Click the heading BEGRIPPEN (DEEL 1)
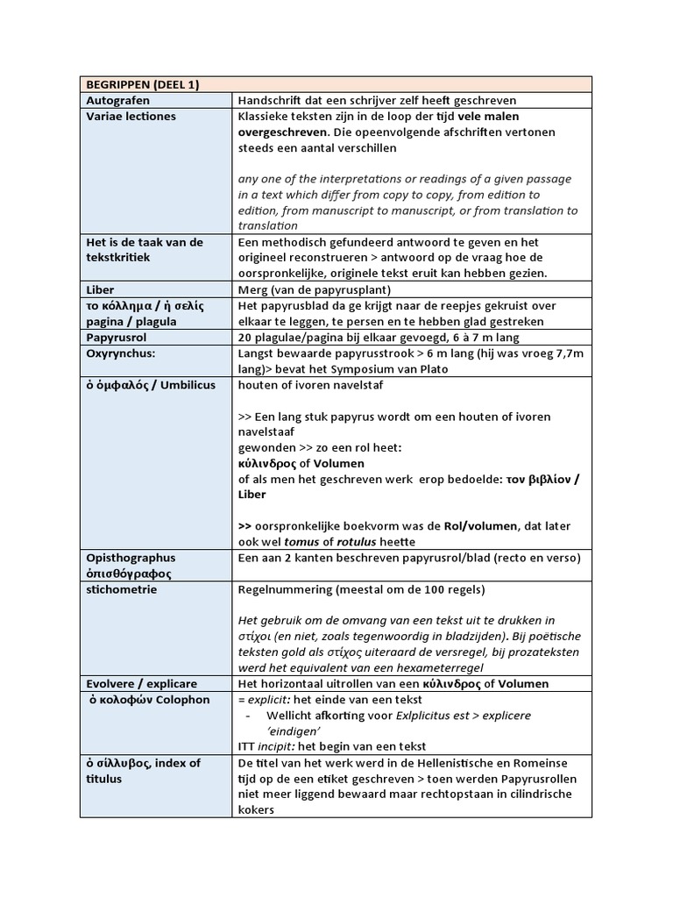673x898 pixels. click(142, 84)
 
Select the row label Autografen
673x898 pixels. click(117, 100)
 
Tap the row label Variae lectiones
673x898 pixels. click(131, 117)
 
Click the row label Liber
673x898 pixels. click(101, 289)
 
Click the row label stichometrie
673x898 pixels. click(122, 590)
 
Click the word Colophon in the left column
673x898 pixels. click(183, 700)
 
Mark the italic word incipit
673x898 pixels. click(280, 746)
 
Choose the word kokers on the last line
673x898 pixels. click(257, 809)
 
